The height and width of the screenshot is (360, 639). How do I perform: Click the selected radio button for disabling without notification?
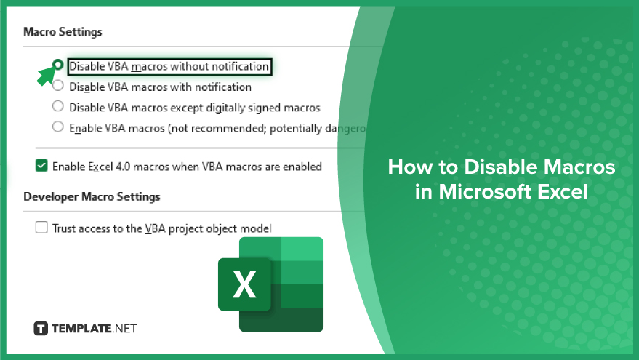(58, 65)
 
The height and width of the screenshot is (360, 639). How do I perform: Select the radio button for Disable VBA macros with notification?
(58, 86)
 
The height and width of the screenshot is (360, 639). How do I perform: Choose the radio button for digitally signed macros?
(58, 106)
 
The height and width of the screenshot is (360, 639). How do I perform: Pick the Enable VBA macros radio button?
(58, 127)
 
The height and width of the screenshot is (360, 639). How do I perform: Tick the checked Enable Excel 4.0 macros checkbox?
(41, 166)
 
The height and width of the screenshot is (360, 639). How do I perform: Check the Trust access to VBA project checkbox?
(41, 227)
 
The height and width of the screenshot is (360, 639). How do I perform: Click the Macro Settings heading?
(63, 32)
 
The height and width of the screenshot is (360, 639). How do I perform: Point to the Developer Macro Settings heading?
(92, 196)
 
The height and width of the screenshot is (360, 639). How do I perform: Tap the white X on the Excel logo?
(244, 284)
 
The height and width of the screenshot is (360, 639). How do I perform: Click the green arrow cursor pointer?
(46, 76)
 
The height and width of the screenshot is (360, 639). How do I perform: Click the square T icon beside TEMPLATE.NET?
(41, 328)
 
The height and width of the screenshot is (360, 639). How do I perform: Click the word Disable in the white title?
(500, 167)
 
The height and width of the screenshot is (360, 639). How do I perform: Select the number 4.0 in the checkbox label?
(123, 167)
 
